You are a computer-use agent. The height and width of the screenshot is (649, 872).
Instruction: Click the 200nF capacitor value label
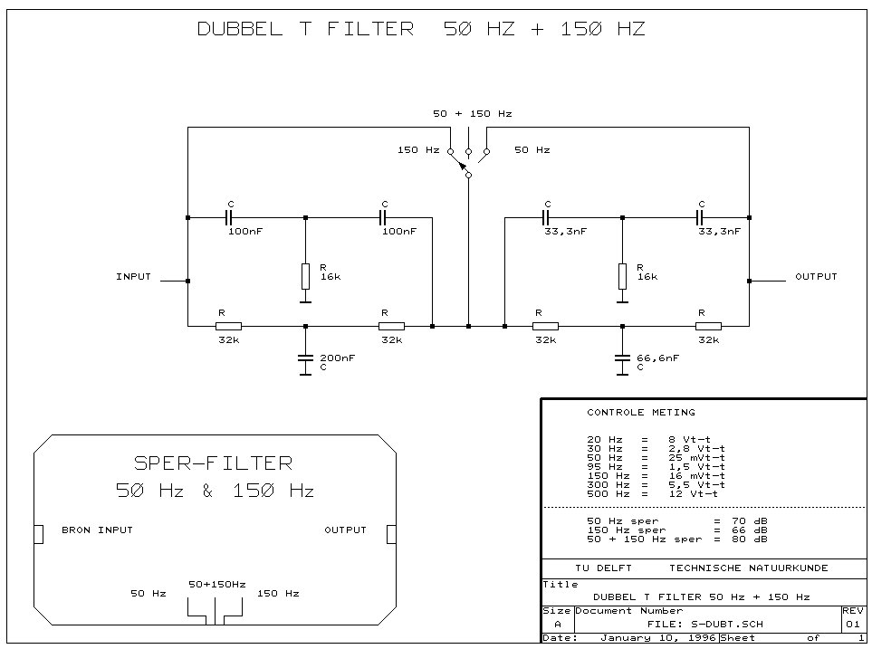click(336, 358)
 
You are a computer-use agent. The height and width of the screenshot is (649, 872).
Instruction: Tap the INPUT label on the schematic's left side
click(133, 276)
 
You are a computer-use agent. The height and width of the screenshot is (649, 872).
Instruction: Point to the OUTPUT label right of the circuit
click(815, 276)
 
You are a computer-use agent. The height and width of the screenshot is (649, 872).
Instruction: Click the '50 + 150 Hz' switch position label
click(472, 113)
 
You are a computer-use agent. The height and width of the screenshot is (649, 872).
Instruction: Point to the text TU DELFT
click(603, 568)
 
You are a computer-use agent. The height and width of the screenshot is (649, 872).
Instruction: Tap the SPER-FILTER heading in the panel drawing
click(214, 463)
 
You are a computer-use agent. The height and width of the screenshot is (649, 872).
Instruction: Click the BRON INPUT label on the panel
click(97, 530)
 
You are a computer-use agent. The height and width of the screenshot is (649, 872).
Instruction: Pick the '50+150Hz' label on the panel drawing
click(216, 584)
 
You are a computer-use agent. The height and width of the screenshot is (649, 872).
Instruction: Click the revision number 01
click(852, 624)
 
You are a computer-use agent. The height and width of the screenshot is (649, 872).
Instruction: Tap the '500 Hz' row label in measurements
click(605, 493)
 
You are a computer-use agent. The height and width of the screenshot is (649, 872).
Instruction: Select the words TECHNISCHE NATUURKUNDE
click(748, 568)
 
